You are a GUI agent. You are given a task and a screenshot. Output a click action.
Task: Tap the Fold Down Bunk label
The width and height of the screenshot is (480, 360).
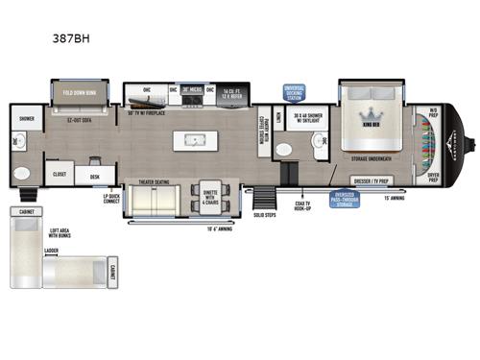tap(78, 93)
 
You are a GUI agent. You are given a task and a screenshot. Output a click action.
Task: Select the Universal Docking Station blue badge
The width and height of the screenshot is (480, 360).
tap(295, 93)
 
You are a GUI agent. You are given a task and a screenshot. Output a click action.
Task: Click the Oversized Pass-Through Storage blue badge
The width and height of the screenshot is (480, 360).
tap(346, 198)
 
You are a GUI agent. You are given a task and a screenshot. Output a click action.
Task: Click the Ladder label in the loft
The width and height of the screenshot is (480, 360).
tap(51, 251)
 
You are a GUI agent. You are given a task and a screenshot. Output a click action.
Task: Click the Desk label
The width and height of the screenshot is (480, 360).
tap(95, 177)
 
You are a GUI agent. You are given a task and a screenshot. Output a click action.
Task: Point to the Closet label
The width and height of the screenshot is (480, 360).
tap(60, 176)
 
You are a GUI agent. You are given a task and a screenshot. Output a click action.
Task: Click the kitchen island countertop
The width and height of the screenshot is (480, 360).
tap(199, 140)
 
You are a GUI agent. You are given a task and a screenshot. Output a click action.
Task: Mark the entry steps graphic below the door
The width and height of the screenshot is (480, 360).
tap(262, 203)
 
